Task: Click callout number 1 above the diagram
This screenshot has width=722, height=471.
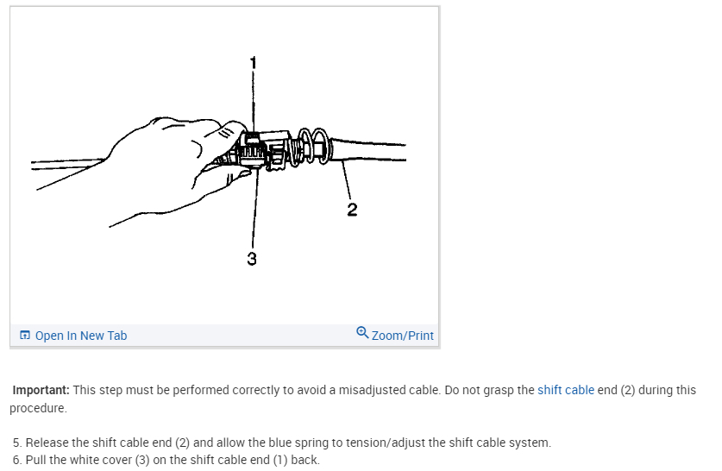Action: pos(253,62)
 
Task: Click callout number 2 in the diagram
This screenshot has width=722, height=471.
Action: pos(352,210)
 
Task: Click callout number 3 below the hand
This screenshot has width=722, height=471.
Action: pos(252,259)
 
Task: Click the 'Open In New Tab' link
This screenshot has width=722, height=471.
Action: pos(80,336)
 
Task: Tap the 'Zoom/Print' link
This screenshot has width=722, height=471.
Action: pos(402,336)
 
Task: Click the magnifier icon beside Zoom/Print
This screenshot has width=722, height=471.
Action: pos(362,334)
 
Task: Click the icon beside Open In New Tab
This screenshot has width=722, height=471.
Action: pos(25,336)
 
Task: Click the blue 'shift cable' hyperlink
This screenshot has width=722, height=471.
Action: pos(565,390)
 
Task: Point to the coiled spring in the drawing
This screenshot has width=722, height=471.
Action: pos(311,147)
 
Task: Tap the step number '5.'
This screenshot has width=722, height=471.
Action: pos(17,443)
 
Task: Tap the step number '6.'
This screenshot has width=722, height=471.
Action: pos(17,460)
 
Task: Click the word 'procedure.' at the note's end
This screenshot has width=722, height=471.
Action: pos(38,407)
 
